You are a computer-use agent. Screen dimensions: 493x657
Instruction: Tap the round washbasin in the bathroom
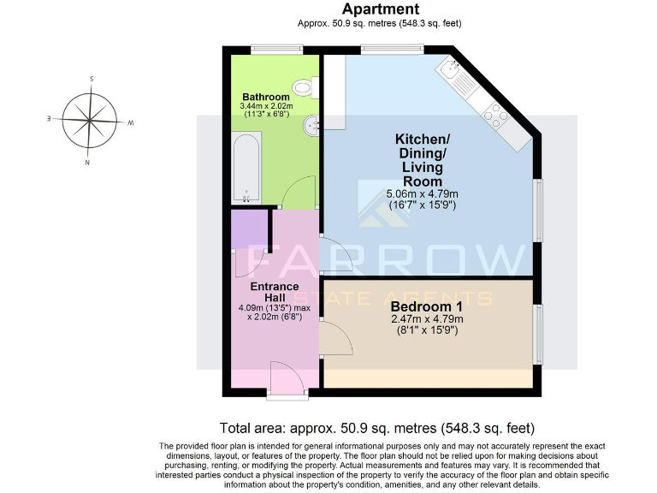coord(311,127)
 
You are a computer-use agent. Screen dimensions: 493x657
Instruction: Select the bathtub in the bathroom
coord(246,168)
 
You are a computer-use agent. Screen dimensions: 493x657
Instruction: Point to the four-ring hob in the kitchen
coord(495,112)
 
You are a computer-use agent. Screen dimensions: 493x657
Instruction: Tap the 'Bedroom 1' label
coord(426,306)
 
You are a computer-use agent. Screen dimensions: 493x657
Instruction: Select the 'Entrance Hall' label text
coord(274,291)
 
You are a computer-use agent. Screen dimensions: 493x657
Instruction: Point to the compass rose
coord(90,119)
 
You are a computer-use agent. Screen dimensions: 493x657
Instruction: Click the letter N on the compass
coord(87,161)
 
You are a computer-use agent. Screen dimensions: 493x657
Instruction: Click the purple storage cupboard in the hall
coord(249,229)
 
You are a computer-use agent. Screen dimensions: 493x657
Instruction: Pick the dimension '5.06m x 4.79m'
coord(424,194)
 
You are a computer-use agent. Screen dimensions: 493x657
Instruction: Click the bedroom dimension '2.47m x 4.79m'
coord(426,319)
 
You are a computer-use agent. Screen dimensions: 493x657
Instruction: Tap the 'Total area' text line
coord(376,428)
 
